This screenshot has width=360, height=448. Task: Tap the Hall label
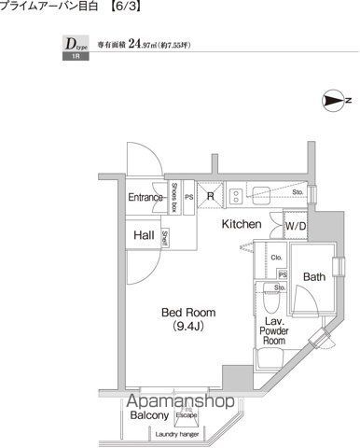coord(143,235)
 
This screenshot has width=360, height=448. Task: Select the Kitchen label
coord(241,225)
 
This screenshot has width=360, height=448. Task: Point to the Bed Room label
coord(189,312)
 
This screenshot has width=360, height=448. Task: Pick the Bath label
coord(313,277)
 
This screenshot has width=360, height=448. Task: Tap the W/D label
coord(296,226)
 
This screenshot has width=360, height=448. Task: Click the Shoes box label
coord(174,198)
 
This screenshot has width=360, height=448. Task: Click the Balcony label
coord(148,415)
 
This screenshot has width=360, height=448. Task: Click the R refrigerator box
coord(211,196)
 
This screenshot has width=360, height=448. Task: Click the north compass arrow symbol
coord(333,100)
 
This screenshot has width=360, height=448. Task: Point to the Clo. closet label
coord(277,258)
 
